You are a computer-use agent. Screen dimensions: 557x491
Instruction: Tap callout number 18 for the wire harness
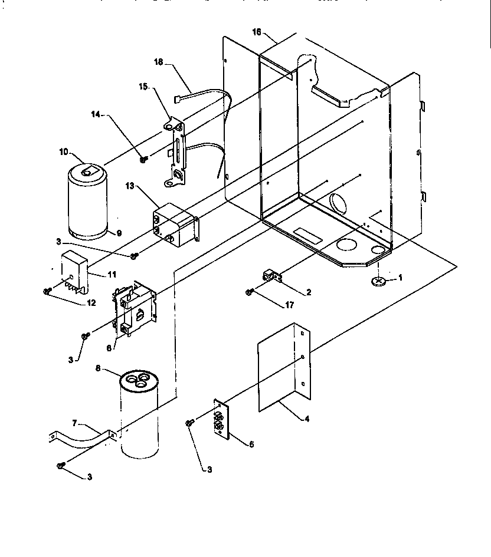(159, 62)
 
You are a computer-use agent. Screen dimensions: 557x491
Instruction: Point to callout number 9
(119, 233)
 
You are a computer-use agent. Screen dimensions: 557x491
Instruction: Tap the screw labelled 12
(47, 291)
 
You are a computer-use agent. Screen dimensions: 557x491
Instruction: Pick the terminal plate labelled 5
(220, 421)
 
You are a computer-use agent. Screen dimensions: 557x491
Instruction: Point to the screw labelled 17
(250, 291)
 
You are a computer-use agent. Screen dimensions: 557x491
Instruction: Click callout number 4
(306, 419)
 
